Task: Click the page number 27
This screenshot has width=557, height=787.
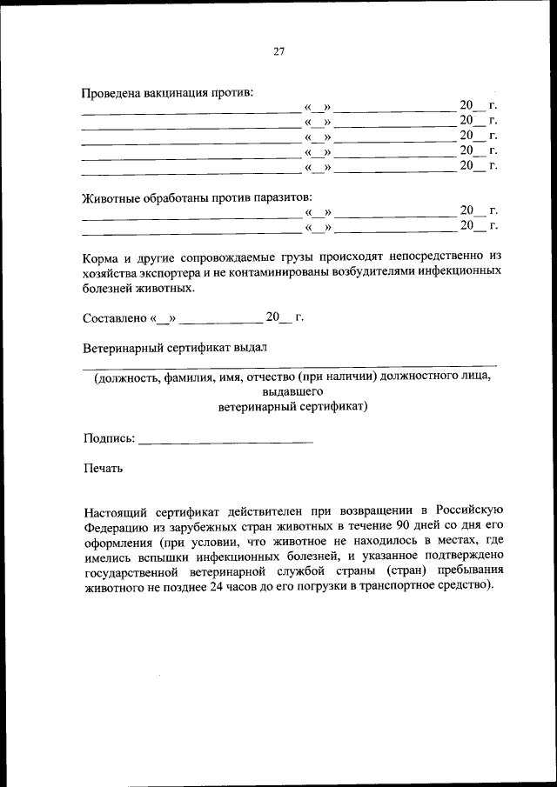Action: (x=279, y=50)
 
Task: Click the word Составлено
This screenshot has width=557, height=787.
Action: (x=115, y=317)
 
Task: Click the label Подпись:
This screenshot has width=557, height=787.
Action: (x=109, y=438)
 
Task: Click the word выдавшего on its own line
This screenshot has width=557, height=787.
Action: (x=292, y=392)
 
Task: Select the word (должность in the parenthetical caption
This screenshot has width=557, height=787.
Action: (x=127, y=377)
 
